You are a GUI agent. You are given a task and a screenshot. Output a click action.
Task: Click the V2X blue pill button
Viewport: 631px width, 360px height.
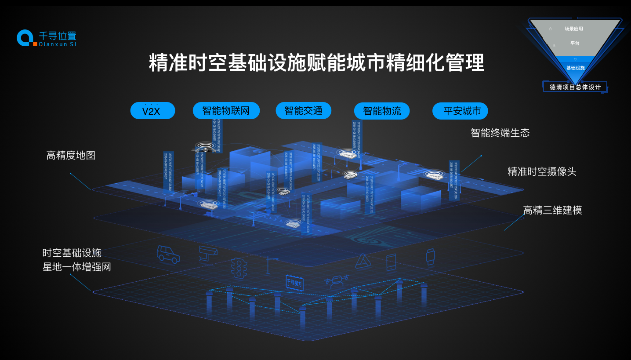point(152,111)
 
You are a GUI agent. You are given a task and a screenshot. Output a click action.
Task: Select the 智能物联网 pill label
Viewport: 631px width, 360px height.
point(226,111)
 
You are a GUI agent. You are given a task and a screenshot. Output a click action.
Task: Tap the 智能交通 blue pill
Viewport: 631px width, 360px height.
point(303,111)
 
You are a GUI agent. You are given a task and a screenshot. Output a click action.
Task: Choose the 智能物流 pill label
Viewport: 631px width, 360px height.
point(381,111)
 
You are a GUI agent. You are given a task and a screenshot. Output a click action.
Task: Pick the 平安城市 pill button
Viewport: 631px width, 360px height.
point(460,111)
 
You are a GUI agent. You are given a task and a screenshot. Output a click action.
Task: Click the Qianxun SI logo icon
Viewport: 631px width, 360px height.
point(25,38)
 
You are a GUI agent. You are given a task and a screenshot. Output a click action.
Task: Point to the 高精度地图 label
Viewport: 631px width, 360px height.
point(71,155)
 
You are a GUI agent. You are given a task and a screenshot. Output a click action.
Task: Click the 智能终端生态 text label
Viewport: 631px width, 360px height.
point(500,133)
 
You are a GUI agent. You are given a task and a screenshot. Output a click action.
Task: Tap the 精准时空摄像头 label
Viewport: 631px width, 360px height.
point(542,171)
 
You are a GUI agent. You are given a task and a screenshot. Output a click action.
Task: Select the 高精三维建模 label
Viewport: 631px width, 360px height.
point(552,210)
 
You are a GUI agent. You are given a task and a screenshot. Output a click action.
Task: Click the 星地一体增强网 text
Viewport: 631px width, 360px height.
point(77,267)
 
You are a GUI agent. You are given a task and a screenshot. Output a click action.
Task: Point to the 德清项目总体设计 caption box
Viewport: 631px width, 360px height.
point(575,87)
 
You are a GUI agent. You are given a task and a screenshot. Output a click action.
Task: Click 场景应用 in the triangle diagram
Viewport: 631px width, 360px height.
point(573,29)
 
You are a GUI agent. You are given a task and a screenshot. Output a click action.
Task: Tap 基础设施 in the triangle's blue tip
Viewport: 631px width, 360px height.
point(575,68)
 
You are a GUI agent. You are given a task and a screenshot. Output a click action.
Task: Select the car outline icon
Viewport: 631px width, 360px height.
point(168,254)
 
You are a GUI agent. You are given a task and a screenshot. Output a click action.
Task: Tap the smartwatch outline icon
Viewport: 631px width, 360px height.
point(430,256)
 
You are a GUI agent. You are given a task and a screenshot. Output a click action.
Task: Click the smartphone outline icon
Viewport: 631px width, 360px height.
point(391,262)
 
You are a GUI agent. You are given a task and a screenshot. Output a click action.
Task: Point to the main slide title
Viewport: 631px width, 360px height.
point(316,63)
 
